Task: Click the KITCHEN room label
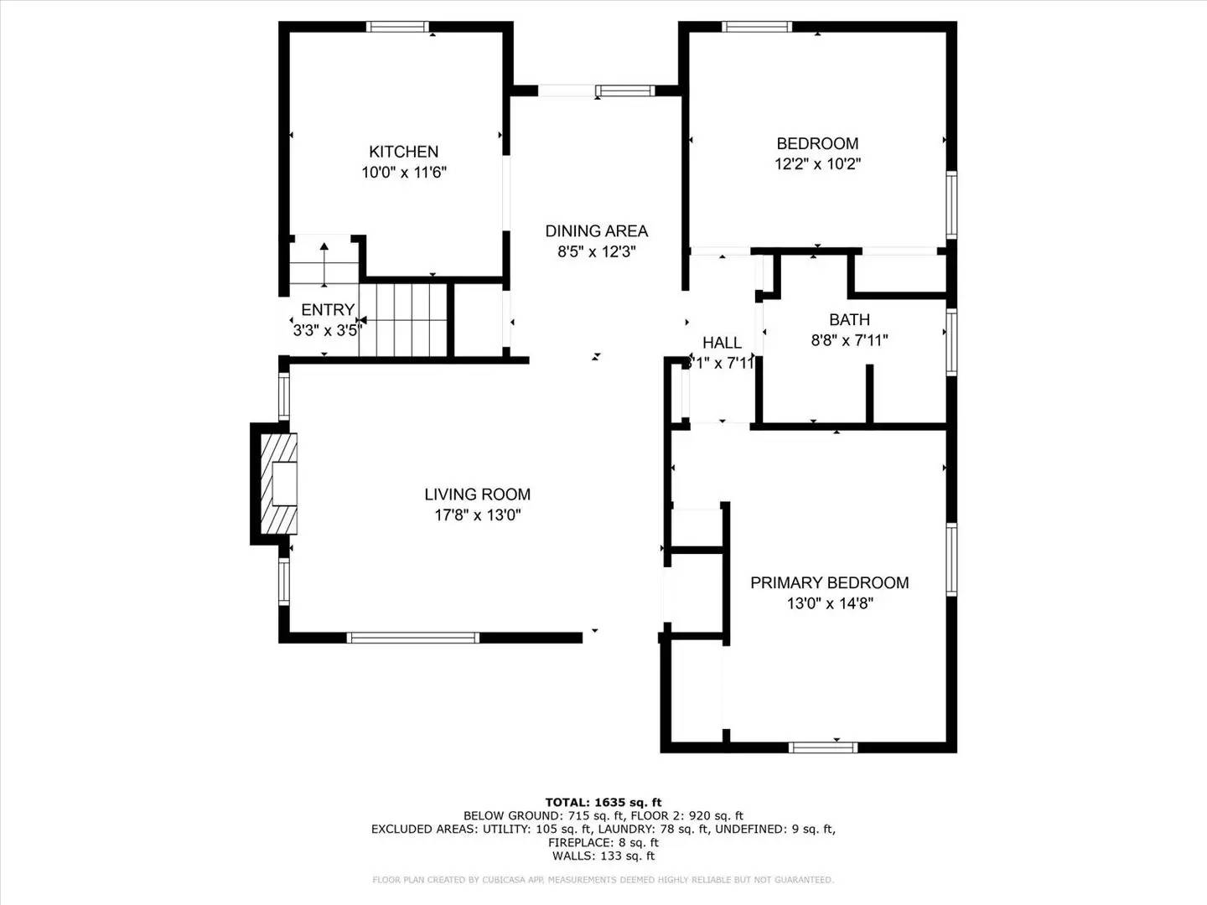point(403,152)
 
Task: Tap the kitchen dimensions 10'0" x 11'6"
point(403,173)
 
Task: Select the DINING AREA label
point(596,231)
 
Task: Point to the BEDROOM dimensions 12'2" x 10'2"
point(817,164)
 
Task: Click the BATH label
point(849,320)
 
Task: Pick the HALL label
point(722,343)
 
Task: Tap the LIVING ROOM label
point(477,495)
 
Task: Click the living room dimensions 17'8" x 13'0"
point(477,515)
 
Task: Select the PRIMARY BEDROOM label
point(829,583)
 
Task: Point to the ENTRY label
point(328,310)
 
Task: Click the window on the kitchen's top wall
point(399,27)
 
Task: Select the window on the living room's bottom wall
point(413,638)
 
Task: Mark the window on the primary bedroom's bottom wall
point(823,747)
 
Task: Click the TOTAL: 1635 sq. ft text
point(603,802)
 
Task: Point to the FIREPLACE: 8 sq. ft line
point(603,842)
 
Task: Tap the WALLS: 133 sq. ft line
point(603,856)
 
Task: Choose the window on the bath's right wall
point(951,342)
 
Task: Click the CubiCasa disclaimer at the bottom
point(603,880)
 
